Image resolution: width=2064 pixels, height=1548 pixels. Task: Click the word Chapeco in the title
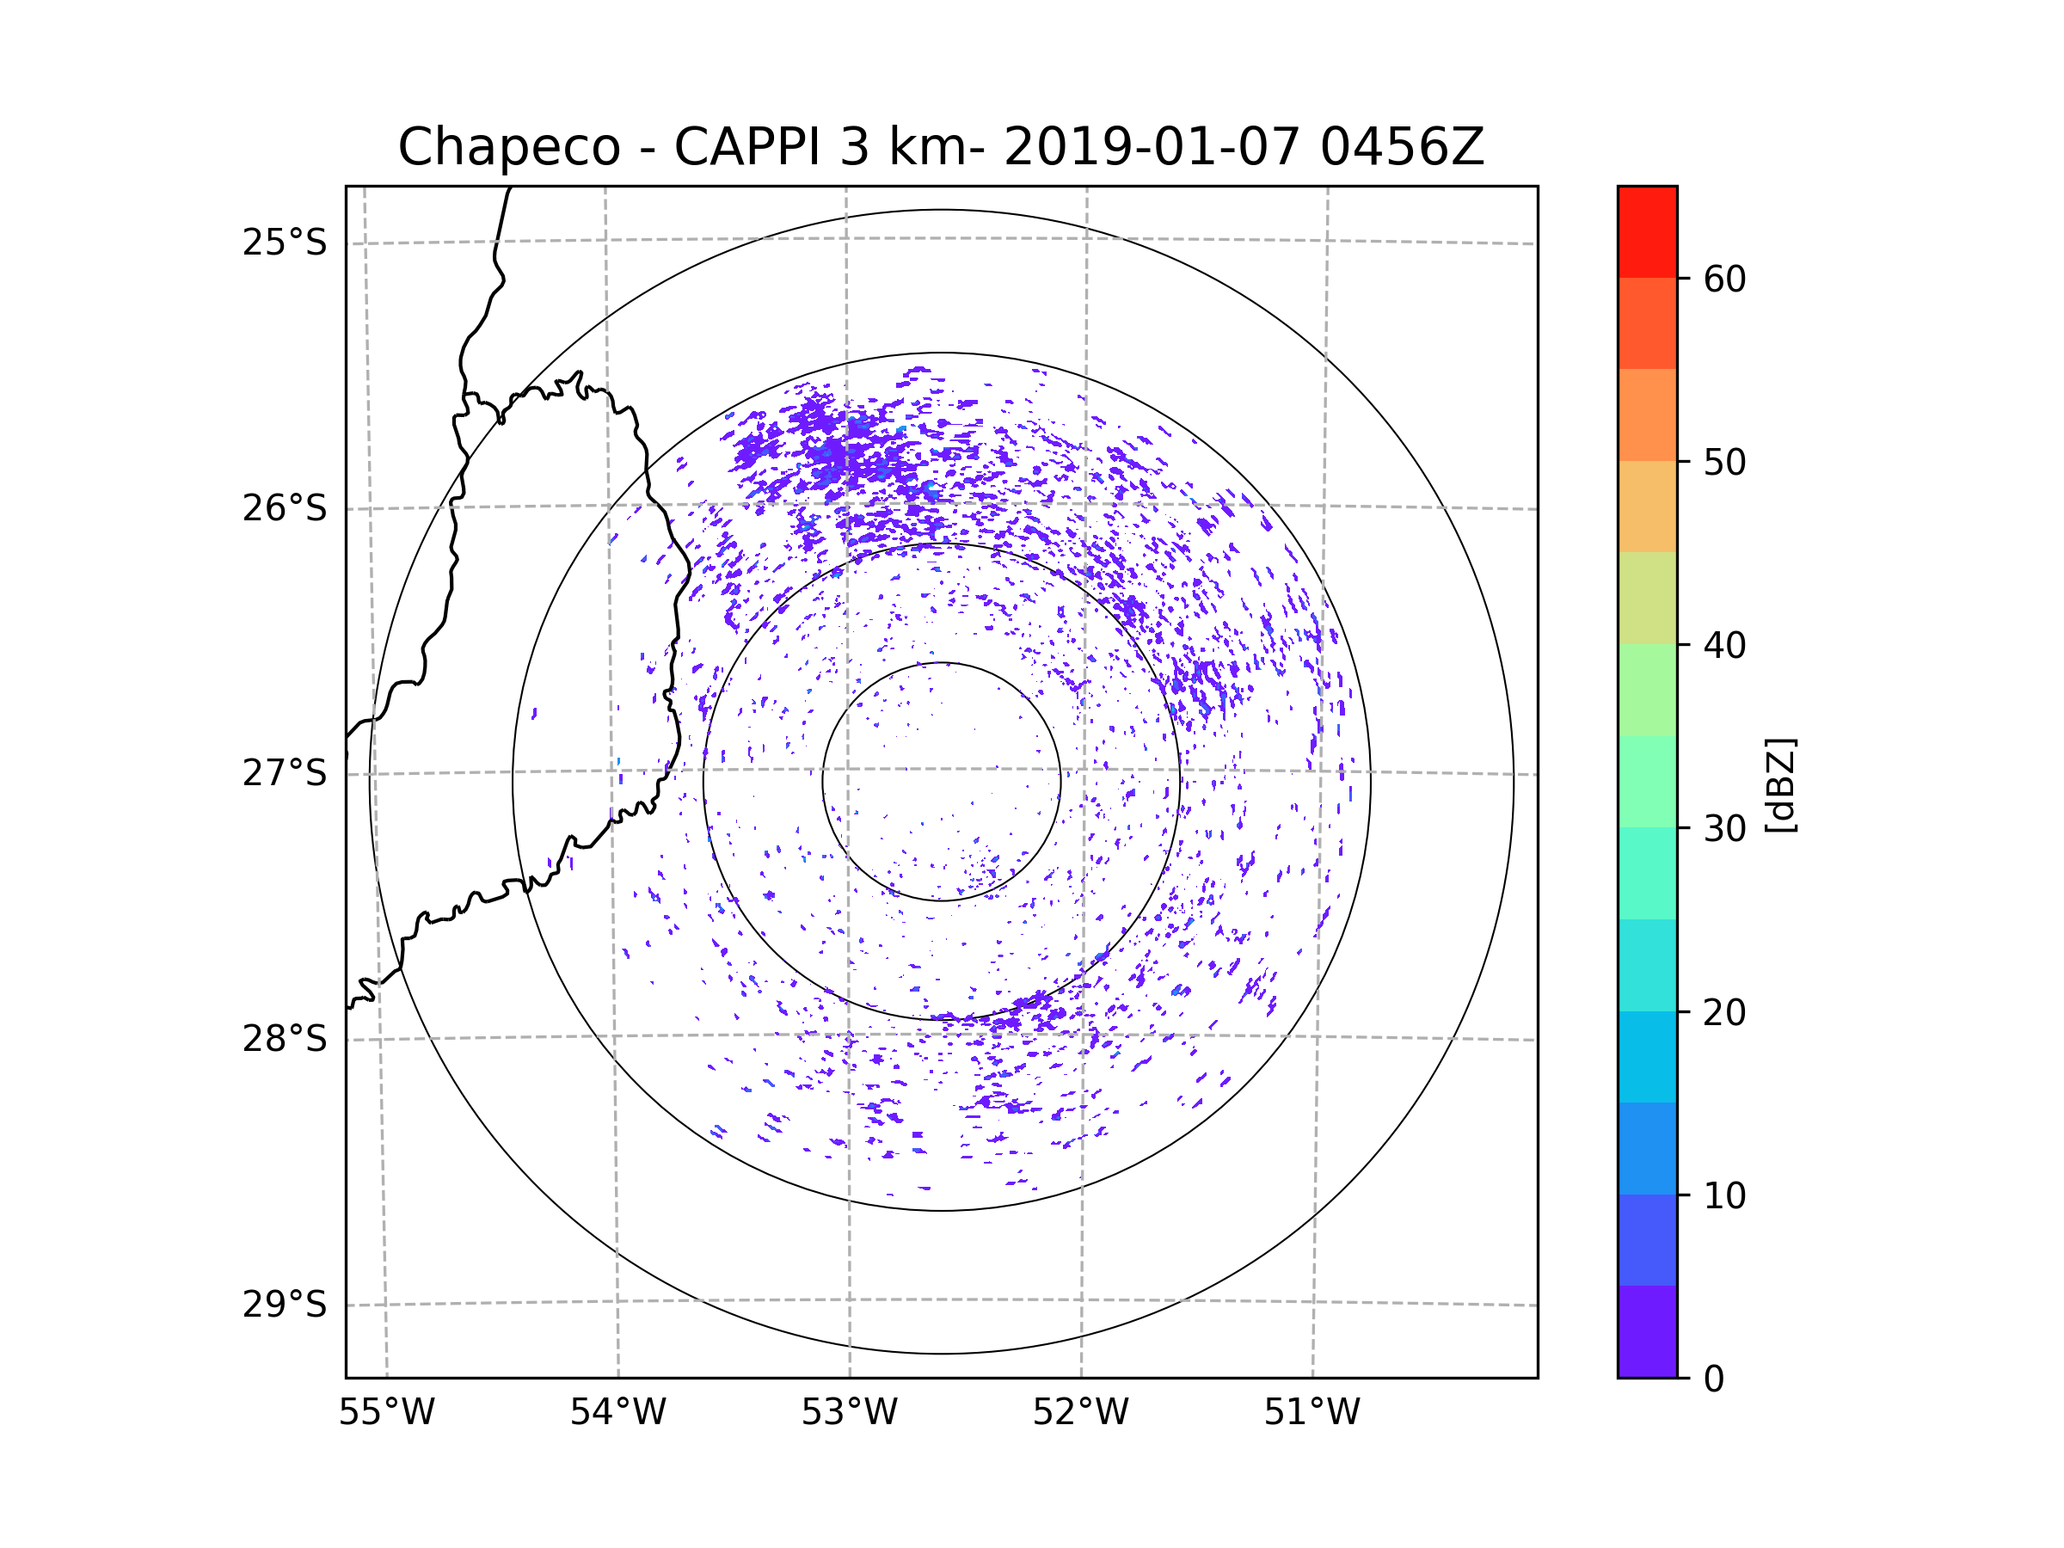[508, 147]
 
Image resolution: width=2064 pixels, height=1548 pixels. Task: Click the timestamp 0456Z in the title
[1401, 147]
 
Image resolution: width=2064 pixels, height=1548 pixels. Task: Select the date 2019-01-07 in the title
[1152, 147]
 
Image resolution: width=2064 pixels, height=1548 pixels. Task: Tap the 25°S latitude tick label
[285, 243]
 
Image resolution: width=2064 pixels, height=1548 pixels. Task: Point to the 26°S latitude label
[285, 508]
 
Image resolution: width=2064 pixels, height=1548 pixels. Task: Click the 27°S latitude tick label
[285, 773]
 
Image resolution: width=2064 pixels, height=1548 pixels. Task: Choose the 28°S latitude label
[285, 1039]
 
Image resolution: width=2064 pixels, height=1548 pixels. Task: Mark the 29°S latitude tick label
[285, 1305]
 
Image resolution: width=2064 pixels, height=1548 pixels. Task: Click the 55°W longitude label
[386, 1413]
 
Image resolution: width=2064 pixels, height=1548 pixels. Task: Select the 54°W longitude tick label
[617, 1413]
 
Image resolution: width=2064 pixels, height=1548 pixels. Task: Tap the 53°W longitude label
[849, 1413]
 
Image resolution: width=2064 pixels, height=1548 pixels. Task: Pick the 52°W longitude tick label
[1080, 1413]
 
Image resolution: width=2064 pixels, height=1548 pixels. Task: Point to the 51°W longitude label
[1311, 1413]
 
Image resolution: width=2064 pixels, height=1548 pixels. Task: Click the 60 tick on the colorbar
[1724, 279]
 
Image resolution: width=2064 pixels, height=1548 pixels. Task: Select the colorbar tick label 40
[1724, 646]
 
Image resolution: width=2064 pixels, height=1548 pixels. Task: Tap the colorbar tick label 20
[1724, 1012]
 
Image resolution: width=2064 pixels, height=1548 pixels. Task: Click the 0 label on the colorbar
[1714, 1379]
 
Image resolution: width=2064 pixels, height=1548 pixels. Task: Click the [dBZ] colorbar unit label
[1780, 784]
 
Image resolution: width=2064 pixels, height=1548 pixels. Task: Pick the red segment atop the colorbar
[1647, 231]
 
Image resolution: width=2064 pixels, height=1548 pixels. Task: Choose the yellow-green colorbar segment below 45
[1647, 598]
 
